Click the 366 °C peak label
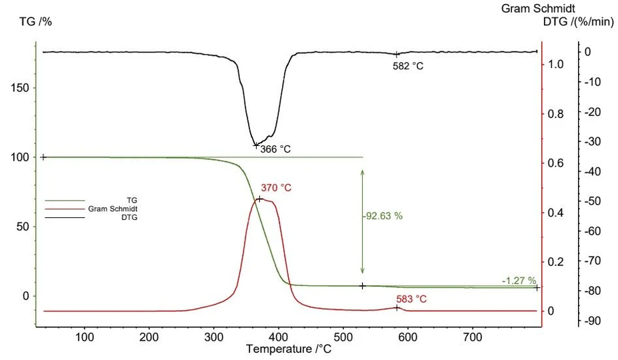click(x=275, y=149)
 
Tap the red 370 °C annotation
click(x=276, y=188)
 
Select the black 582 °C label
click(x=408, y=66)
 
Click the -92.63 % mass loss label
click(x=383, y=216)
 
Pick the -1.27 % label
click(x=517, y=281)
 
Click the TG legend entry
click(x=131, y=199)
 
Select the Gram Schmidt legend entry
click(x=113, y=209)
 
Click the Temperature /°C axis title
click(x=288, y=349)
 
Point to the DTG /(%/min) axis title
click(x=577, y=22)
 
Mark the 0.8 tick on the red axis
click(x=556, y=114)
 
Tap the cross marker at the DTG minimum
click(x=255, y=145)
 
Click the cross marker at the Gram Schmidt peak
click(x=259, y=199)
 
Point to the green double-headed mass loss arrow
click(x=363, y=221)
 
